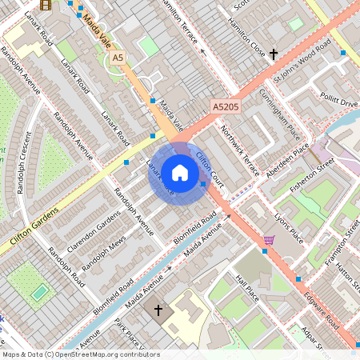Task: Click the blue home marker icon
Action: [x=180, y=172]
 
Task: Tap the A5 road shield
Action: [x=118, y=58]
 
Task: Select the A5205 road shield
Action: [x=226, y=106]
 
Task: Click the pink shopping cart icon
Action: [x=269, y=239]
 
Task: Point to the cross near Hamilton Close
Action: [x=274, y=54]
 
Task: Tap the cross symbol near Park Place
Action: [x=158, y=309]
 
